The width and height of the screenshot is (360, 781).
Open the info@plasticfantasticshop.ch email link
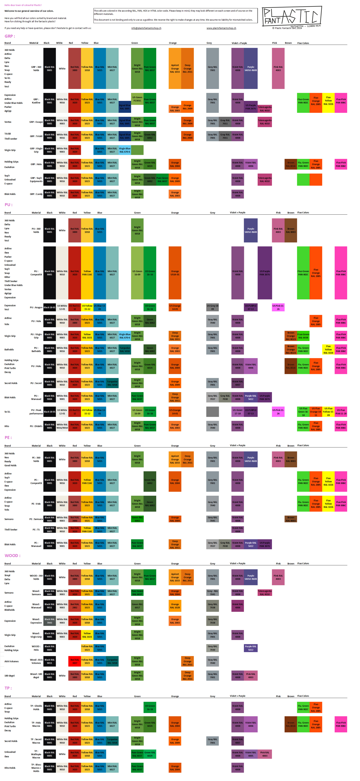coord(146,28)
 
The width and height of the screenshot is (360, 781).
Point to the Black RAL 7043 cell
coord(49,621)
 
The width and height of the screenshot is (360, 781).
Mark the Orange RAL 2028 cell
coord(175,606)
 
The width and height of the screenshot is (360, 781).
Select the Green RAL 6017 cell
coord(137,606)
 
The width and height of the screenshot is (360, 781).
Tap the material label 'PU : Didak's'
coord(36,426)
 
